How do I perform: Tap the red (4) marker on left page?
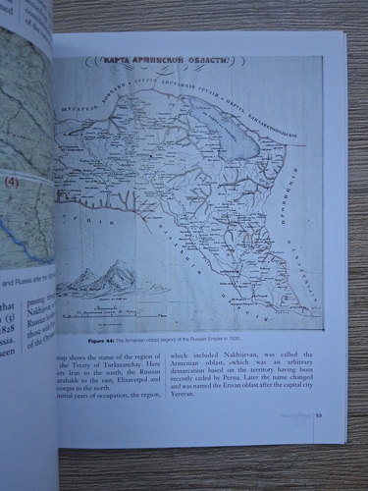point(14,182)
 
